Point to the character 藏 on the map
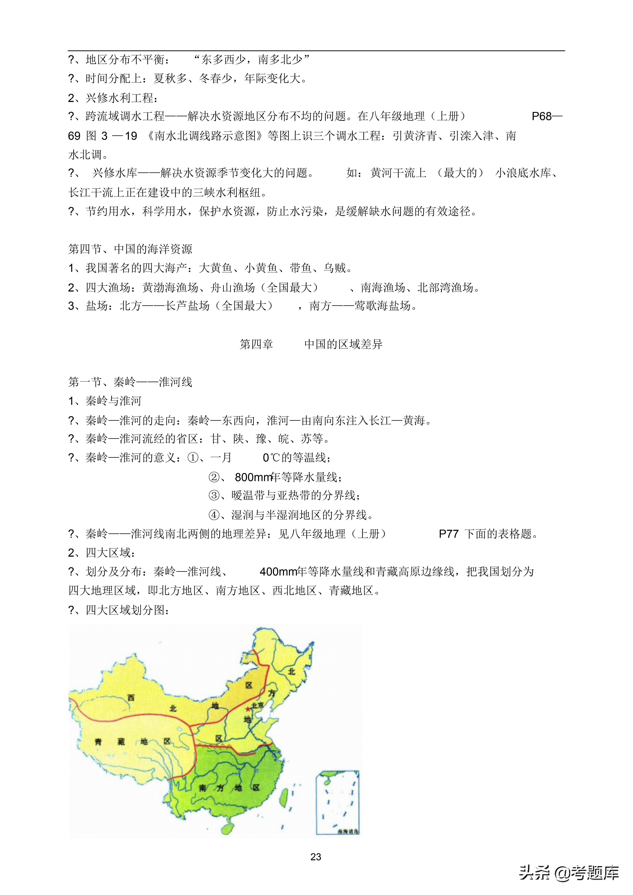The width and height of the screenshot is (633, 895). point(121,741)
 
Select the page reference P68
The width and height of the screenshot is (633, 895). point(542,116)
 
